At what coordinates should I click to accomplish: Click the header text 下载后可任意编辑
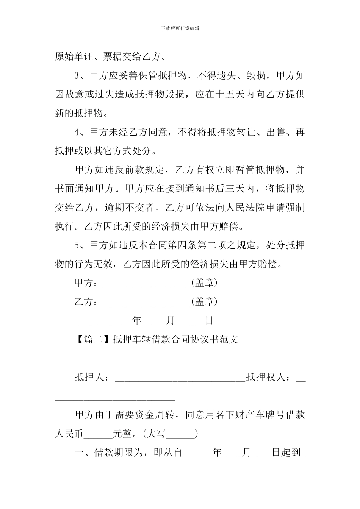pos(180,28)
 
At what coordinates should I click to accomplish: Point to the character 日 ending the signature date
pos(209,321)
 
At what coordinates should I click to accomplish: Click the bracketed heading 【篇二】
pos(92,340)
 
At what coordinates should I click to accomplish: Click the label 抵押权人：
pos(269,378)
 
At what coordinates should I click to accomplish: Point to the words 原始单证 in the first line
pos(74,57)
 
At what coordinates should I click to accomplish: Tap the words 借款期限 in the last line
pos(113,453)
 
